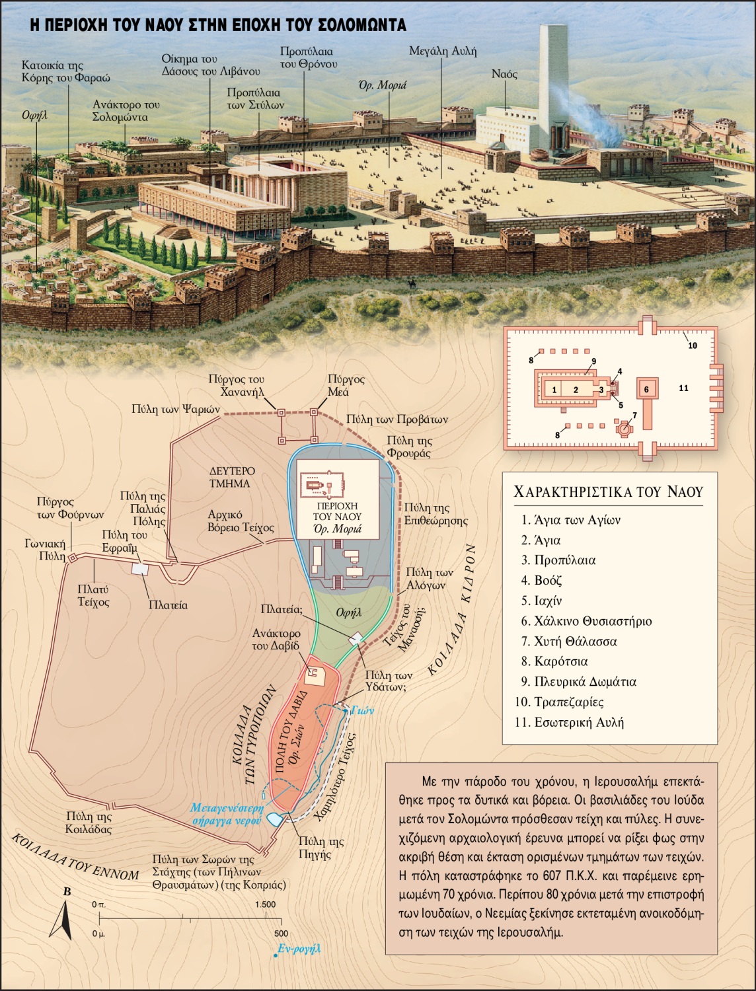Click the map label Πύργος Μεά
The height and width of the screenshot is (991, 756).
pyautogui.click(x=346, y=385)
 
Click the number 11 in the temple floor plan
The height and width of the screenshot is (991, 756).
pyautogui.click(x=683, y=388)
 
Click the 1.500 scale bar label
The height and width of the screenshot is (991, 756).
pyautogui.click(x=264, y=904)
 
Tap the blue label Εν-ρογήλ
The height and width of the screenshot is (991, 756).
pyautogui.click(x=299, y=948)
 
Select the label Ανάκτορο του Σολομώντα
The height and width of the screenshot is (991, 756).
pyautogui.click(x=126, y=111)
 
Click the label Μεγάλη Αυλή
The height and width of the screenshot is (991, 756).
pyautogui.click(x=442, y=51)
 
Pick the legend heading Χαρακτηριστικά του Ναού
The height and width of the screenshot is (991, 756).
pyautogui.click(x=608, y=492)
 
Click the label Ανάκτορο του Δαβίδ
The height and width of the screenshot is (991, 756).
pyautogui.click(x=276, y=639)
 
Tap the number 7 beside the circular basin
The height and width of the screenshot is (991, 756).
pyautogui.click(x=634, y=416)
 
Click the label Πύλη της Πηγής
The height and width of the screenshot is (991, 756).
pyautogui.click(x=321, y=848)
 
